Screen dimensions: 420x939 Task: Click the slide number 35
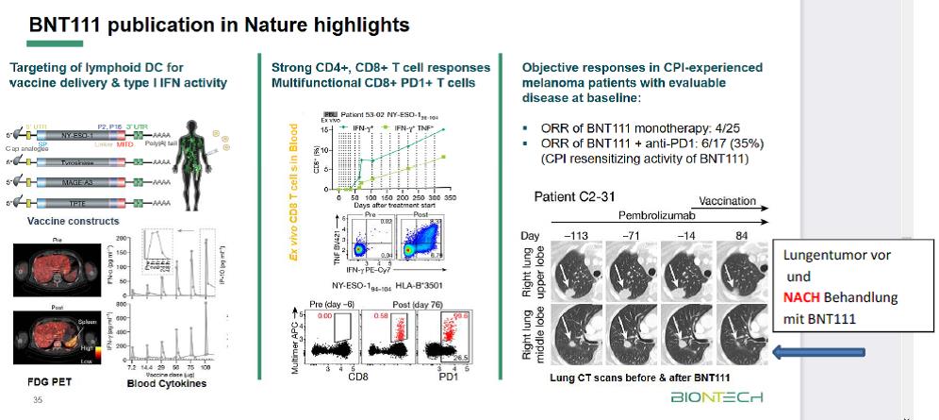tap(38, 400)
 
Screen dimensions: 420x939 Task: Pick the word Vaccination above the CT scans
tap(727, 200)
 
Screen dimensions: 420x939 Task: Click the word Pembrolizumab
tap(651, 215)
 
